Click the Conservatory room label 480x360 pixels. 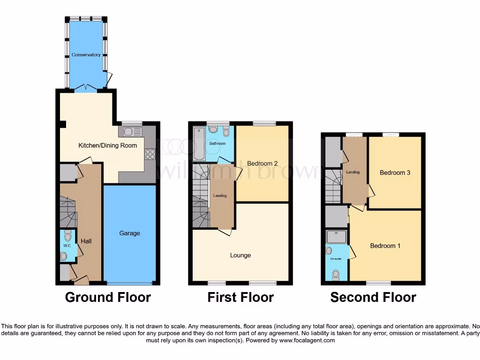86,55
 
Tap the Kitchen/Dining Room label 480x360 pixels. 107,145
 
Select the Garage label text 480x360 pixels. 129,233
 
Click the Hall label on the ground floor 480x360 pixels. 86,241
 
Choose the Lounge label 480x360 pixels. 240,255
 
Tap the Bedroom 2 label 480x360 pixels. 262,164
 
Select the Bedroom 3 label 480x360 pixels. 395,172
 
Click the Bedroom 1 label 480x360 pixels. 385,246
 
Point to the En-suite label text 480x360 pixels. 335,258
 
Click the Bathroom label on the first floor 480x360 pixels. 217,143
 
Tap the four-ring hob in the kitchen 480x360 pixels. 151,154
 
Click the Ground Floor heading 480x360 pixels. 108,297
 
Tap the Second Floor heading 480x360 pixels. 373,297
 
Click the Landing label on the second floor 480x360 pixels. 352,172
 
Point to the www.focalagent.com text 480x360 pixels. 307,340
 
